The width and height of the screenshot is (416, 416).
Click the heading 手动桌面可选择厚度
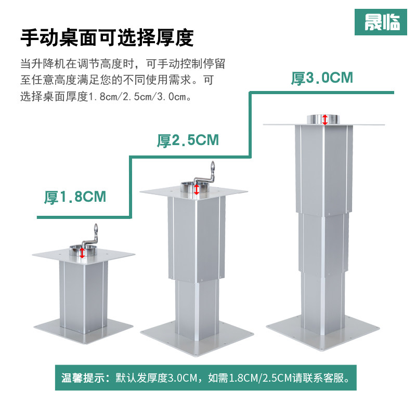coord(107,38)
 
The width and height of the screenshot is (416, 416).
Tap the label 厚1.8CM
coord(75,197)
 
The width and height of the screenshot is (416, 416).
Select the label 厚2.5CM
coord(188,140)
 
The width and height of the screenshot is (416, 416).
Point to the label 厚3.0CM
coord(322,79)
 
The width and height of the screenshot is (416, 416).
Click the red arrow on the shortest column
coord(82,253)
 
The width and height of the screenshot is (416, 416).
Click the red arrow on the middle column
coord(196,189)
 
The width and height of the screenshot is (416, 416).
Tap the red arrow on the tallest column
coord(325,119)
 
